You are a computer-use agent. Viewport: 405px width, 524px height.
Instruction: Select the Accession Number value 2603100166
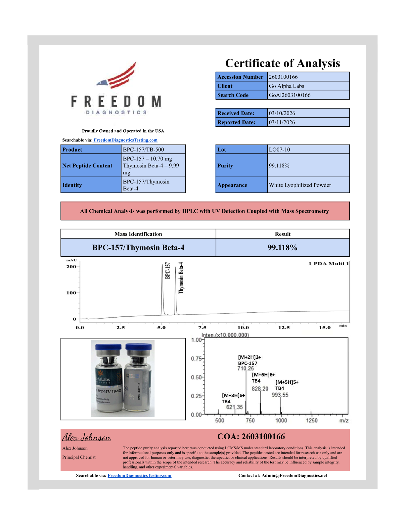283,77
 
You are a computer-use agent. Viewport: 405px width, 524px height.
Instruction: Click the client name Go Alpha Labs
286,86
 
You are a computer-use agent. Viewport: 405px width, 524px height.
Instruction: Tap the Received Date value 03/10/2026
282,113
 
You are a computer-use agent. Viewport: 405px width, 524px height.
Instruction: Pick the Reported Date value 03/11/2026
282,122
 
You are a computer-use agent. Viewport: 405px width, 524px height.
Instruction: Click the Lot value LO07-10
279,150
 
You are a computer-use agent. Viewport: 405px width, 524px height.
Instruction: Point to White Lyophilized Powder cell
300,185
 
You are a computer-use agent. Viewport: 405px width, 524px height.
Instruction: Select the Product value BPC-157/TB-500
143,150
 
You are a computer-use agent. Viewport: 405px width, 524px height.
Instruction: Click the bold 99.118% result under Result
283,247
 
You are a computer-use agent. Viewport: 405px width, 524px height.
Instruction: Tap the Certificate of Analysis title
283,63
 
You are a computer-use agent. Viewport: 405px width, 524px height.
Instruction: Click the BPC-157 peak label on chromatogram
168,270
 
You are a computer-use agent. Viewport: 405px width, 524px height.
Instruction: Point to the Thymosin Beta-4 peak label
181,278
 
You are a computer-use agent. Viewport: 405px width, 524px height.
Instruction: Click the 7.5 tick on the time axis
202,327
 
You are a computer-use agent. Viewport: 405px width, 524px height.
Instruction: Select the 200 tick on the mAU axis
71,267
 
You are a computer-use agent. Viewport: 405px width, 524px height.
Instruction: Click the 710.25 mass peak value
246,369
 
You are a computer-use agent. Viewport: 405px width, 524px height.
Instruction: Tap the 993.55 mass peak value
280,395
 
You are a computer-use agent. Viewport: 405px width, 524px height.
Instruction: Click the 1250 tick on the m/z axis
311,420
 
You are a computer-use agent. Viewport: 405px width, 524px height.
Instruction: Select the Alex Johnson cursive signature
86,437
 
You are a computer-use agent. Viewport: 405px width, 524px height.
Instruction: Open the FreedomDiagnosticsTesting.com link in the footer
139,476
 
